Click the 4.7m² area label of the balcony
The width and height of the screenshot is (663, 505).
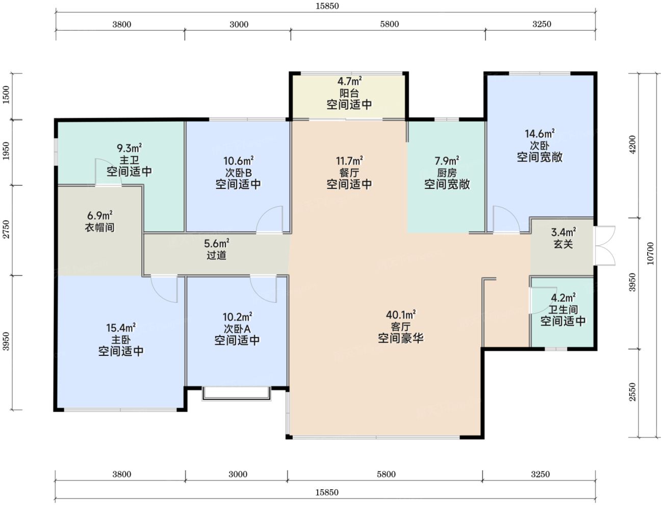click(349, 81)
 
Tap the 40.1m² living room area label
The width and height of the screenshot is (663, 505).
click(400, 315)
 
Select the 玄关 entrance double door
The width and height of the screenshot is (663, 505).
click(605, 246)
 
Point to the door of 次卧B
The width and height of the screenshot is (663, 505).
click(270, 220)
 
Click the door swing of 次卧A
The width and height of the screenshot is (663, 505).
click(263, 289)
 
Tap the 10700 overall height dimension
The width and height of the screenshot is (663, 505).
click(650, 253)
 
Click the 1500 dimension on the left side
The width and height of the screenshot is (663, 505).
click(6, 94)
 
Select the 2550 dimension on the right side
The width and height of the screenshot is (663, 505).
click(632, 392)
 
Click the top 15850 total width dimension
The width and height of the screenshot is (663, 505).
click(327, 6)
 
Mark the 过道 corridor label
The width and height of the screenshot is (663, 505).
click(216, 255)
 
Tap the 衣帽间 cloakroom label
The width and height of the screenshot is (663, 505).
click(99, 227)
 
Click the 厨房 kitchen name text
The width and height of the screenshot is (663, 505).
click(447, 173)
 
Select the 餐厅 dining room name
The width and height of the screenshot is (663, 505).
click(349, 173)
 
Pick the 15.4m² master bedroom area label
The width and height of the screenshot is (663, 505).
click(121, 327)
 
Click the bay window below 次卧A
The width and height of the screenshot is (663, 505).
click(237, 393)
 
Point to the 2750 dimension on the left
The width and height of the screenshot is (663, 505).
click(6, 229)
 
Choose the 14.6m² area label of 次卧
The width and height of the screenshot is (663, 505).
click(540, 134)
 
